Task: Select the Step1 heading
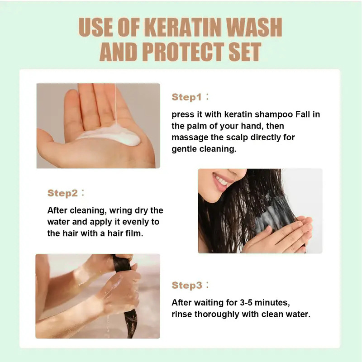pos(186,97)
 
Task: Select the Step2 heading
pos(62,193)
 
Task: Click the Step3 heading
pos(186,285)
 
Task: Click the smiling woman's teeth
pos(221,181)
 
